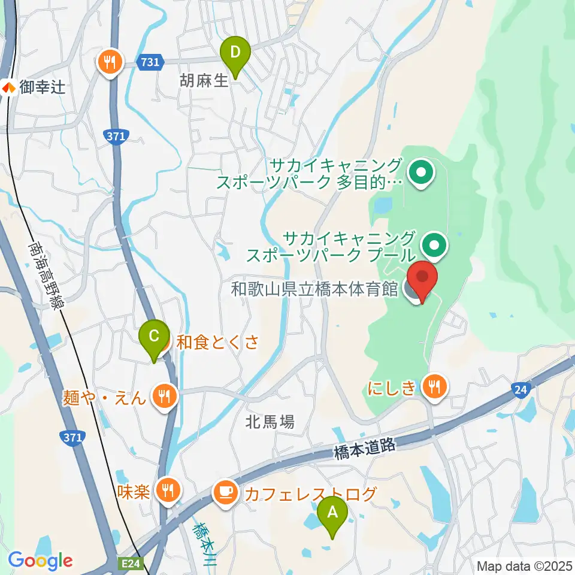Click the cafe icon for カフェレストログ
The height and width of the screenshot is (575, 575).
coord(225,492)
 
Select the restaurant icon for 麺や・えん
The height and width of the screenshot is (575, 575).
coord(163,395)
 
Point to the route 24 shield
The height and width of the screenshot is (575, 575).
coord(520,391)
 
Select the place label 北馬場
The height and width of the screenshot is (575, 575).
coord(270,422)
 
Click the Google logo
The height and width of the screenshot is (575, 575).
coord(40,561)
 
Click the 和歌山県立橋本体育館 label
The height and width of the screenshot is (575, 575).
coord(315,289)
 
